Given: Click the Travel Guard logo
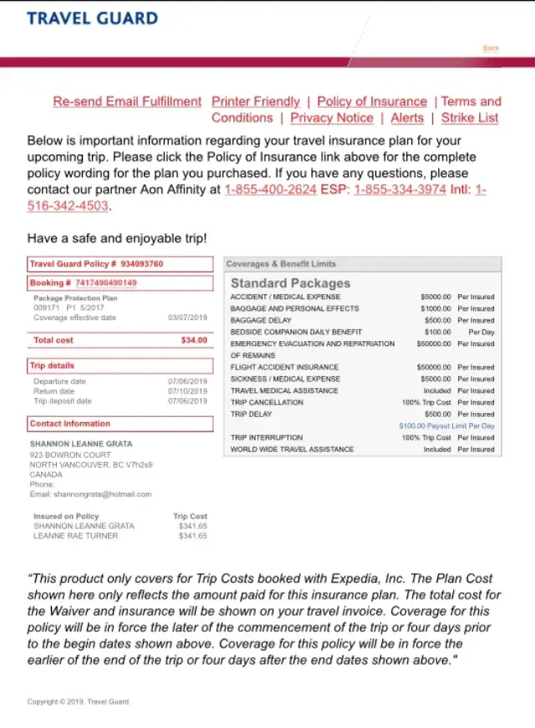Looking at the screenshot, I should pos(92,18).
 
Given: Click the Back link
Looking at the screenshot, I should pos(491,48).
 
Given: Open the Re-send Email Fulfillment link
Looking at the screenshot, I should pos(127,101).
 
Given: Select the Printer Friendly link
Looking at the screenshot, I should pos(256,101).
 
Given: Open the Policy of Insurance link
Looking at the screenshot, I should pos(372,101).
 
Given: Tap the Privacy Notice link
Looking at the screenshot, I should pos(332,118).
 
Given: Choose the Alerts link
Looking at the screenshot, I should pos(407,118).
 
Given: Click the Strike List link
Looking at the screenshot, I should pos(470,118).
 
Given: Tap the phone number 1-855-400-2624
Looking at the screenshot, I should pos(270,190).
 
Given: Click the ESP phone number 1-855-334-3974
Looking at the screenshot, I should pos(400,190).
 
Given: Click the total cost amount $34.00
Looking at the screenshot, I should pos(194,340).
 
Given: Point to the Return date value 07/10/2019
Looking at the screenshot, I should pos(187,391).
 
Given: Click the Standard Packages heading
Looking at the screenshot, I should pos(290,283).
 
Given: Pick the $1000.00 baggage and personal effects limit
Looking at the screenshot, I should pos(435,308).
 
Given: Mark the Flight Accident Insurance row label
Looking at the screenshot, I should pos(284,367).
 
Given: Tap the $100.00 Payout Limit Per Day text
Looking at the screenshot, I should pos(446,425).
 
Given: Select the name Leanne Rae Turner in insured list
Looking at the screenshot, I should pos(75,536).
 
